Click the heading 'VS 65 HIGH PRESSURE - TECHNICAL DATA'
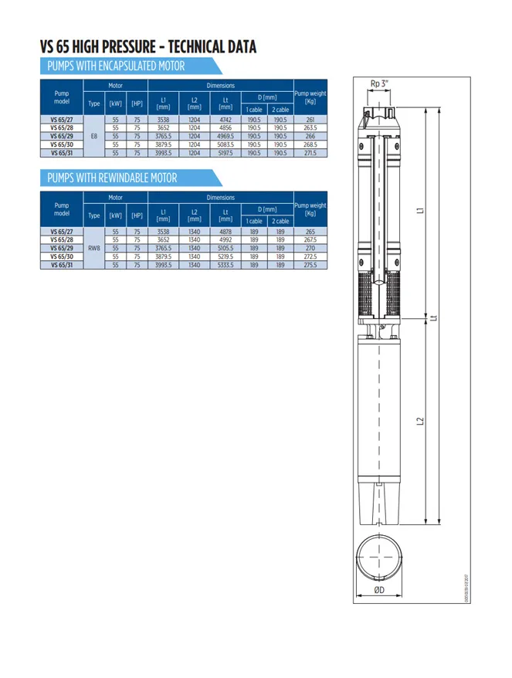click(147, 47)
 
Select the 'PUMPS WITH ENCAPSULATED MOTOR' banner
click(116, 66)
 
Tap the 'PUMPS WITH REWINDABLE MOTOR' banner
click(112, 178)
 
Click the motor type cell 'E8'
click(94, 136)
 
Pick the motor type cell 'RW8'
click(94, 248)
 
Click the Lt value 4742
click(225, 120)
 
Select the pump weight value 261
click(310, 120)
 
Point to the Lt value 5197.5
click(225, 153)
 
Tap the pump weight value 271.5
click(310, 153)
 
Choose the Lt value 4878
click(225, 232)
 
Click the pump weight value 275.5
click(310, 265)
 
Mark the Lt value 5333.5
click(225, 265)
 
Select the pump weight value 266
click(310, 136)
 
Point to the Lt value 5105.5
click(225, 248)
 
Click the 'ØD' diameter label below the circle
click(379, 590)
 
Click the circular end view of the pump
click(379, 558)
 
